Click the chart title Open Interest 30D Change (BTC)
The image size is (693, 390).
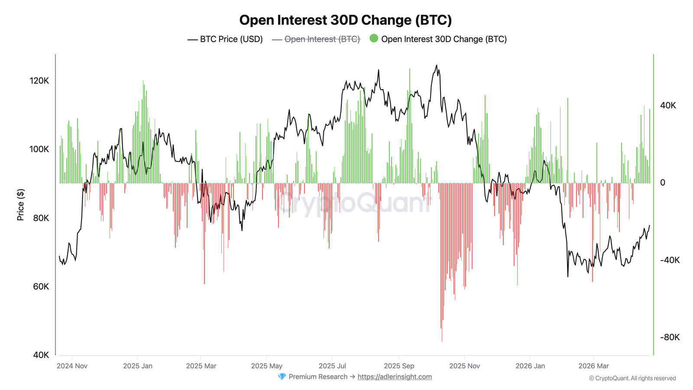click(345, 20)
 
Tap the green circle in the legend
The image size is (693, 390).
click(374, 39)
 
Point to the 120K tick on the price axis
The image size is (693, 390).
click(39, 81)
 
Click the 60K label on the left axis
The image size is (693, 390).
click(41, 286)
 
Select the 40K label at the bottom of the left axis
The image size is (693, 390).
click(41, 355)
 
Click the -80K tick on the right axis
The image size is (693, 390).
click(670, 337)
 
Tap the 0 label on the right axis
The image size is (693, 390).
click(663, 183)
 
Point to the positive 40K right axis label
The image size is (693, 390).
click(668, 106)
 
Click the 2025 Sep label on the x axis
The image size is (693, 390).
click(399, 366)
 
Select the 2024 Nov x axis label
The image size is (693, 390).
click(72, 366)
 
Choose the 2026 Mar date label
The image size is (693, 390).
click(593, 366)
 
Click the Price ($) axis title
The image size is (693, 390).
click(20, 205)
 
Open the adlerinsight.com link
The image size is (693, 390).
click(395, 377)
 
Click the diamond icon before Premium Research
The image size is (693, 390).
click(282, 377)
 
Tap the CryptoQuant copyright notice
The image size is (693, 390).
click(632, 378)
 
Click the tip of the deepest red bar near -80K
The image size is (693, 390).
click(442, 341)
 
